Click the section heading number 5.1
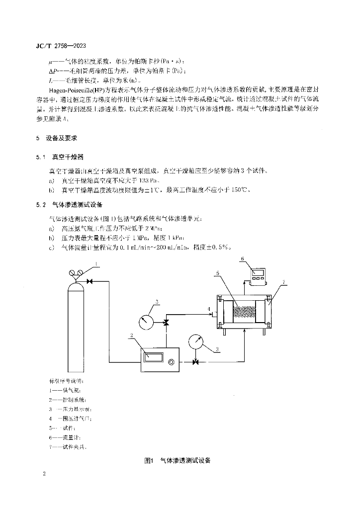40,157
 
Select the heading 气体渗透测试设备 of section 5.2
76,204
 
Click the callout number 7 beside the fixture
283,282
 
